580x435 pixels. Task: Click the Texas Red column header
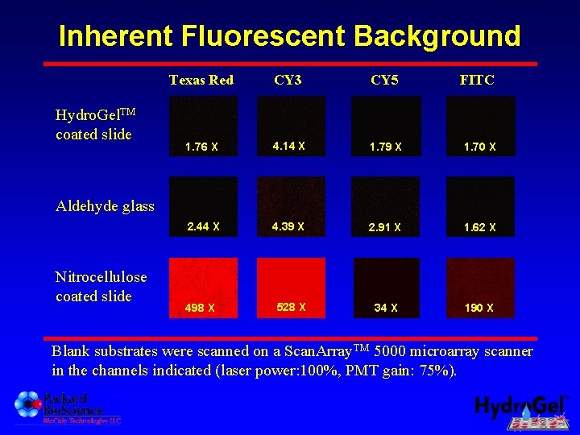pyautogui.click(x=201, y=80)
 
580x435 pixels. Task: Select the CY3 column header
pyautogui.click(x=288, y=80)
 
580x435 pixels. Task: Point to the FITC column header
pyautogui.click(x=477, y=80)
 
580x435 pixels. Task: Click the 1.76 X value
pyautogui.click(x=201, y=147)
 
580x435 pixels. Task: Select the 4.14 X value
pyautogui.click(x=288, y=146)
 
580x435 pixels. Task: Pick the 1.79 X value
pyautogui.click(x=385, y=147)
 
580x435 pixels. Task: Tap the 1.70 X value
pyautogui.click(x=480, y=147)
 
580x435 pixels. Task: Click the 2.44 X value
pyautogui.click(x=203, y=226)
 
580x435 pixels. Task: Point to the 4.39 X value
pyautogui.click(x=288, y=226)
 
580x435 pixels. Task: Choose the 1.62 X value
pyautogui.click(x=480, y=228)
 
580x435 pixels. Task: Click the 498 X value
pyautogui.click(x=200, y=308)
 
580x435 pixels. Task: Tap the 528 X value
pyautogui.click(x=291, y=307)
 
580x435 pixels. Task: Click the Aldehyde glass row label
pyautogui.click(x=105, y=206)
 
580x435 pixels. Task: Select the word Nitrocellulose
pyautogui.click(x=101, y=277)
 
